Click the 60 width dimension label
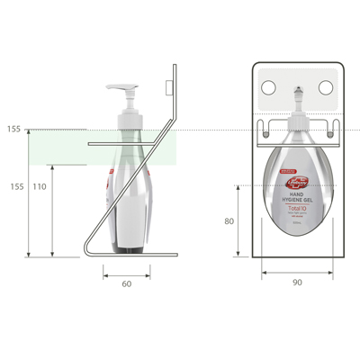coord(126,284)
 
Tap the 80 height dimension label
coord(230,220)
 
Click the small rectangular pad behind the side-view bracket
coord(169,86)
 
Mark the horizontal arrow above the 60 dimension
coord(126,274)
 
